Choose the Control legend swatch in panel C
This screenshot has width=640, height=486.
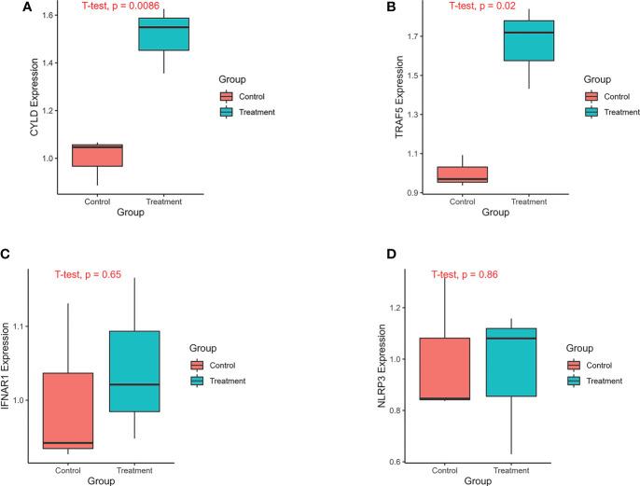[196, 366]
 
